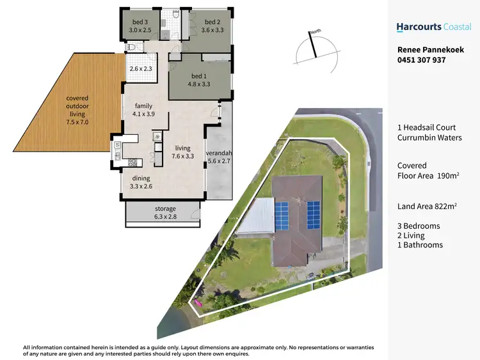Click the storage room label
pyautogui.click(x=164, y=209)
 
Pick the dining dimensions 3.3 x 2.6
pyautogui.click(x=142, y=187)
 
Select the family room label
pyautogui.click(x=143, y=107)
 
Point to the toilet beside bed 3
pyautogui.click(x=131, y=47)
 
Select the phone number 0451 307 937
pyautogui.click(x=421, y=60)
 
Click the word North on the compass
pyautogui.click(x=314, y=32)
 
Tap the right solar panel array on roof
pyautogui.click(x=312, y=215)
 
